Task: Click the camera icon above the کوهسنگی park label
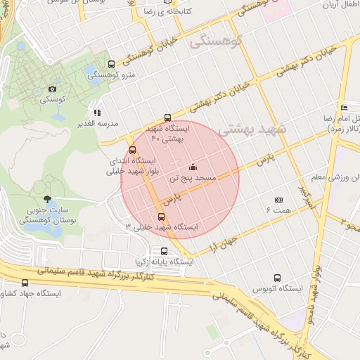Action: click(x=52, y=89)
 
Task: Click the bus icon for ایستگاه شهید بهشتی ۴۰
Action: click(x=167, y=118)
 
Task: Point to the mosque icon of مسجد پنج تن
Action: click(x=193, y=167)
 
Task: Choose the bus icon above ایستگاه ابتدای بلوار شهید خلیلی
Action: click(x=133, y=150)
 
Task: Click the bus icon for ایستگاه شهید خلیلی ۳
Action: click(x=162, y=217)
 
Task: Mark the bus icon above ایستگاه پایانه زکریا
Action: click(x=164, y=251)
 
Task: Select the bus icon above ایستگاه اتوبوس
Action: click(x=279, y=278)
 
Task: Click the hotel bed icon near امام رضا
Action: click(x=344, y=107)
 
